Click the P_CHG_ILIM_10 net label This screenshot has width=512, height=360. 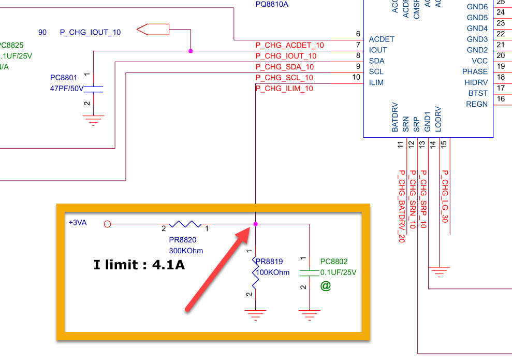pos(284,89)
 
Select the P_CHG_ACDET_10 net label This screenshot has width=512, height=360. pos(289,45)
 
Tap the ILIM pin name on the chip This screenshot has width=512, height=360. pos(376,82)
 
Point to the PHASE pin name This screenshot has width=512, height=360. pos(475,71)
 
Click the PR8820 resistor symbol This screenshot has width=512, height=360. pos(185,224)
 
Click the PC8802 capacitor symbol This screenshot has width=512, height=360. pos(309,273)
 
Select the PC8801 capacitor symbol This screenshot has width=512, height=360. pos(94,89)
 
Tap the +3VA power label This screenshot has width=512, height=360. pos(78,222)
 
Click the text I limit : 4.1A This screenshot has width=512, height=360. pos(139,265)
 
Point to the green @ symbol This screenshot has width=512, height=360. pos(325,285)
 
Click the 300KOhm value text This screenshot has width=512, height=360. pos(186,251)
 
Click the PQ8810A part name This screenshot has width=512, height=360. pos(272,4)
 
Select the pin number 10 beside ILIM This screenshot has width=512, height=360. pos(356,77)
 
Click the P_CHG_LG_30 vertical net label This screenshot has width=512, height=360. pos(445,196)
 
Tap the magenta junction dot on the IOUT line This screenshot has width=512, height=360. pos(191,51)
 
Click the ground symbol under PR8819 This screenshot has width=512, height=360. pos(255,314)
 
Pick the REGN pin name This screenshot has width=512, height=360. pos(477,104)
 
